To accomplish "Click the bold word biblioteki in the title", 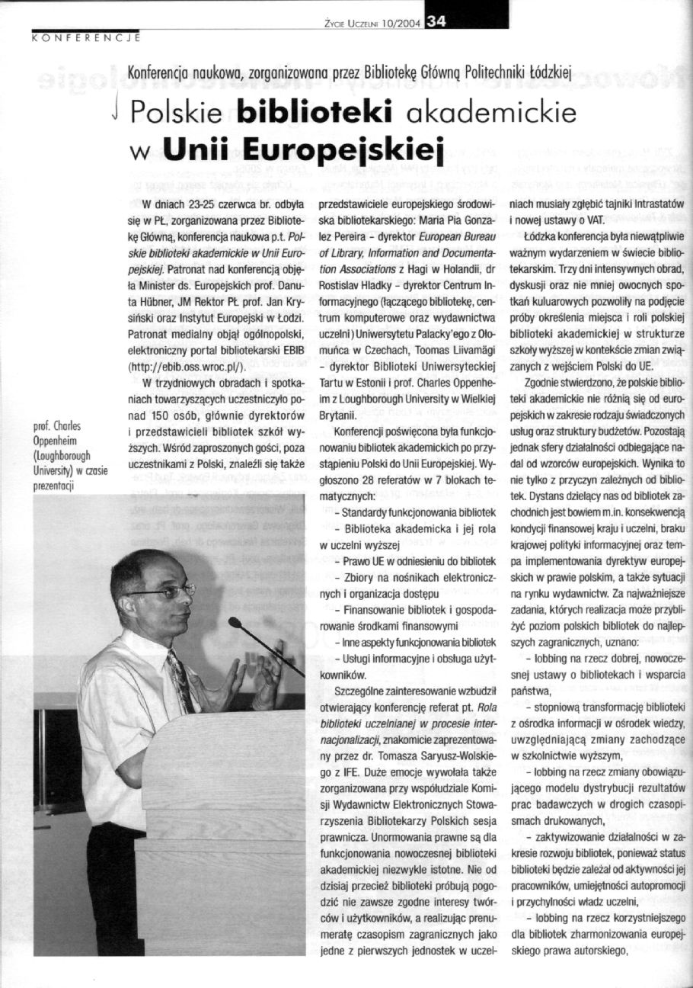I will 314,112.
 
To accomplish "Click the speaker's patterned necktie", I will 181,672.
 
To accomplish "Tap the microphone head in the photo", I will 235,623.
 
